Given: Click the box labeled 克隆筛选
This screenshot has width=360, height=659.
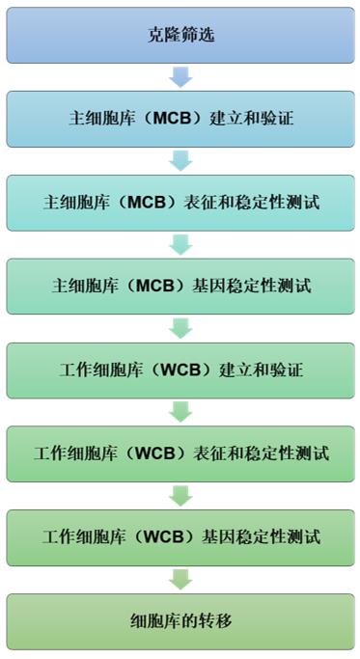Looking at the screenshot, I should point(180,36).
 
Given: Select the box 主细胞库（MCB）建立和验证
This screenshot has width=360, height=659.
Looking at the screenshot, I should point(180,120).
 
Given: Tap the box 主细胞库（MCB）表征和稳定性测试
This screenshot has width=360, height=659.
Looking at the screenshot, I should point(180,203).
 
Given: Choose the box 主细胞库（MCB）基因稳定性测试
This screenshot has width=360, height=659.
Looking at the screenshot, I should point(180,287).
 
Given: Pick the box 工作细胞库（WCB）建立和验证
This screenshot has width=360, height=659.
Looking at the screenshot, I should point(180,370).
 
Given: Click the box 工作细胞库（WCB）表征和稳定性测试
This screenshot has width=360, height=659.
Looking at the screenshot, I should point(180,453).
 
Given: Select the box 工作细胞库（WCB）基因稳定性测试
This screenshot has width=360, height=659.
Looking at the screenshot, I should point(180,536).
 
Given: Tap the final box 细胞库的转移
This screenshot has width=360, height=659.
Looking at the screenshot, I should point(180,620).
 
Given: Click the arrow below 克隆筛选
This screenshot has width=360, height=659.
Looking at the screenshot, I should point(180,77).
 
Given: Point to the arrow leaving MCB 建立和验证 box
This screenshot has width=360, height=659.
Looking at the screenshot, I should point(180,161).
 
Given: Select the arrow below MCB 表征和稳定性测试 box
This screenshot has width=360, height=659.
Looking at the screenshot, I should point(180,245).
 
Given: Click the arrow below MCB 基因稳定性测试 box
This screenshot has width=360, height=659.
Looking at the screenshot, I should point(180,328).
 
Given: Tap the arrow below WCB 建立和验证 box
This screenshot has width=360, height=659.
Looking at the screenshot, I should point(180,411).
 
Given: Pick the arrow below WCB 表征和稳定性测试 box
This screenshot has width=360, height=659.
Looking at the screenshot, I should point(180,495).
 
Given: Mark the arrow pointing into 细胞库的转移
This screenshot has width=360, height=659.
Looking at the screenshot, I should point(180,579).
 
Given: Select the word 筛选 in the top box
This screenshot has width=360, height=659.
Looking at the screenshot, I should point(198,36).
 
